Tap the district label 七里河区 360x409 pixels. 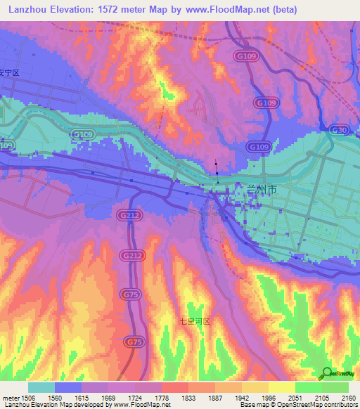[194, 320]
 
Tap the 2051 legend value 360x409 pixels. [295, 397]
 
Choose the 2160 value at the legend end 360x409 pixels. [348, 397]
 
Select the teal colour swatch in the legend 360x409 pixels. [41, 387]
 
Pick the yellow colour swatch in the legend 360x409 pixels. [281, 387]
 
